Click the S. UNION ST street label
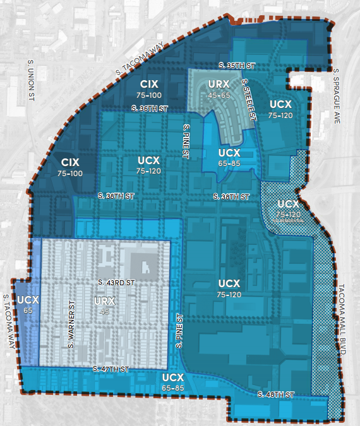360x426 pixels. [30, 81]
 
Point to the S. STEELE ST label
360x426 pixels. [249, 100]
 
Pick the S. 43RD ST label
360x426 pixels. [118, 281]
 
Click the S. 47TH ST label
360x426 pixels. [111, 369]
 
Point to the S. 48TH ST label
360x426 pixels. [275, 394]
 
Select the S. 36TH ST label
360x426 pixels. [150, 109]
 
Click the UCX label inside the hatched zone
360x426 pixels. [287, 204]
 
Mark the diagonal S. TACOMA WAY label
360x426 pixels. [140, 60]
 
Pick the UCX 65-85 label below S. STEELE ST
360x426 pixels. [229, 157]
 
